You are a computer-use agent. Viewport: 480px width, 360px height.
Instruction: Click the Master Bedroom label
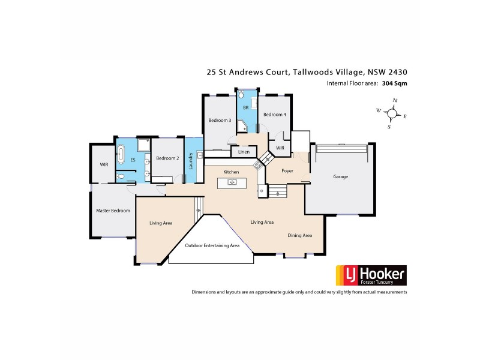tap(113, 211)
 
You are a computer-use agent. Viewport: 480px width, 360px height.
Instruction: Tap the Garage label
tap(341, 176)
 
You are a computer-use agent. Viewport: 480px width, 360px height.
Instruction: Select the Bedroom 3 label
tap(220, 120)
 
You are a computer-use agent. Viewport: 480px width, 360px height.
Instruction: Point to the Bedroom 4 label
tap(274, 114)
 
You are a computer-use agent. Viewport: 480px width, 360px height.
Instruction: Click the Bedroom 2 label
tap(167, 158)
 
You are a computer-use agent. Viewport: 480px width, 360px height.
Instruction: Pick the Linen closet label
tap(244, 152)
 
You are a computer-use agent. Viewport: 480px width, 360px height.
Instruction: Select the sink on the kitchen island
tap(231, 182)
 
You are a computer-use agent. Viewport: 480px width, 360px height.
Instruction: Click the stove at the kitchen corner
tap(258, 163)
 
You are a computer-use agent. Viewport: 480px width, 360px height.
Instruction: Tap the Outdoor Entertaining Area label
tap(212, 245)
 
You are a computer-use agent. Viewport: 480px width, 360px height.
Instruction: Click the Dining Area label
tap(299, 235)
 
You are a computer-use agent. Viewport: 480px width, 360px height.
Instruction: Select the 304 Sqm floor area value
tap(394, 83)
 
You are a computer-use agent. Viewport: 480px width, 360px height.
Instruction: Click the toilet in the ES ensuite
tap(122, 176)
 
